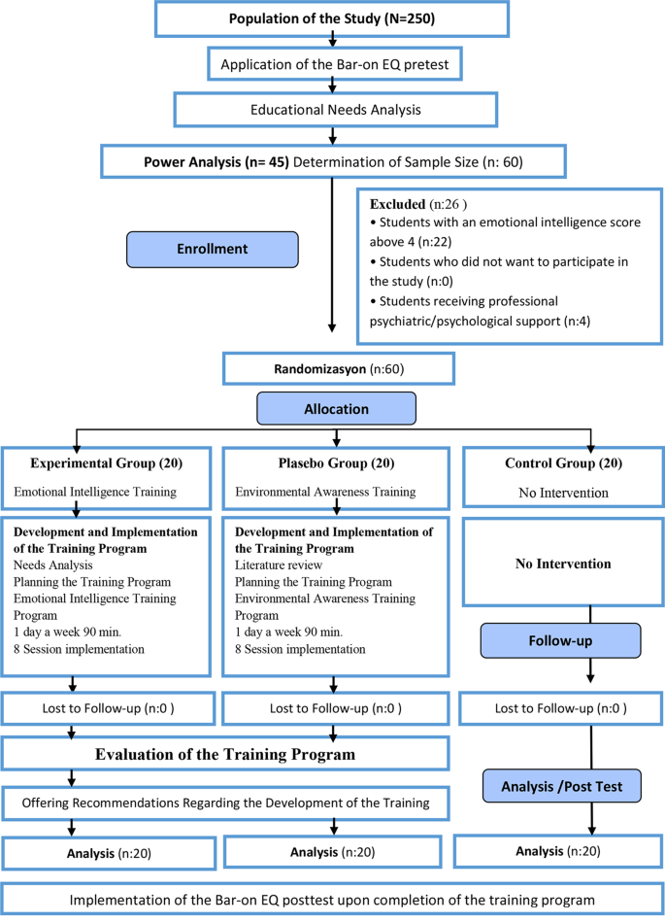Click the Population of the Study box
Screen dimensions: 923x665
333,18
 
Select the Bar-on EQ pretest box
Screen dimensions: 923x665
333,65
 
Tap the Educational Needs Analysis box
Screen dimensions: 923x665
333,110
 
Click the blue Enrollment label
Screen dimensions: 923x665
212,249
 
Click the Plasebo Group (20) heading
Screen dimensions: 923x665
301,462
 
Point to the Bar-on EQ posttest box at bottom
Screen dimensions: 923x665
333,900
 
